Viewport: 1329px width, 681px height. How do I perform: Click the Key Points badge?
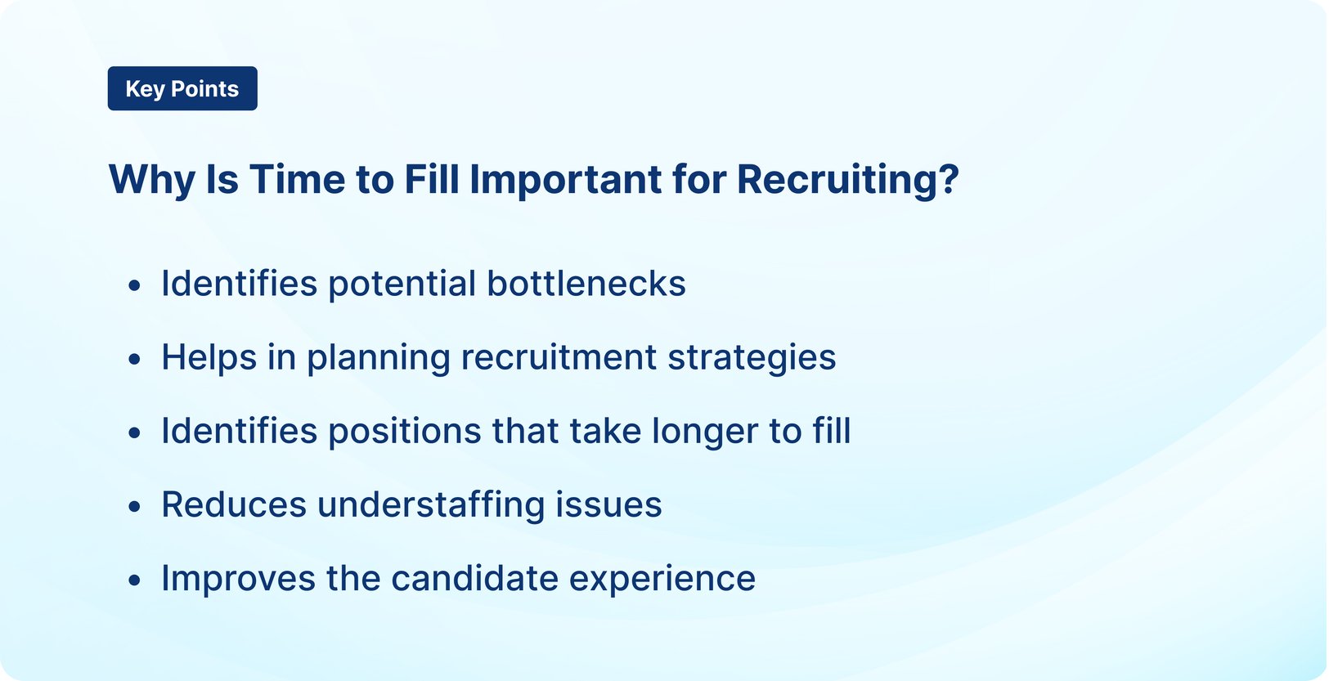tap(182, 88)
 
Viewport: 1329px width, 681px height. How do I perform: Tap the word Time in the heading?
tap(297, 179)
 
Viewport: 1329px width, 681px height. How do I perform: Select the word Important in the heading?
tap(565, 179)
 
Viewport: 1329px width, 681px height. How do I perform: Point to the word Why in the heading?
tap(151, 179)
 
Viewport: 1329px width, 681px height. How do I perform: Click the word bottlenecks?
tap(586, 284)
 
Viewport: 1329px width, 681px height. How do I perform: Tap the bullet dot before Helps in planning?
tap(135, 359)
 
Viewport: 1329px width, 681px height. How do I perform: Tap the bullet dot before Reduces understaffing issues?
tap(135, 506)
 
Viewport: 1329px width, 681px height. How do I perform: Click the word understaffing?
tap(431, 504)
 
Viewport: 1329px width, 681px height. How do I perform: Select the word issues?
tap(608, 504)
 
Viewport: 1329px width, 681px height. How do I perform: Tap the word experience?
tap(662, 578)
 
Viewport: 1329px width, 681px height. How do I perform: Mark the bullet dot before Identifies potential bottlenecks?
tap(135, 285)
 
